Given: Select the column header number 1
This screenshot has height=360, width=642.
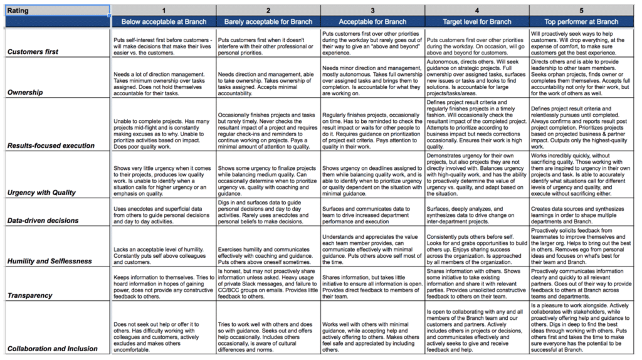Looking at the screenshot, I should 163,11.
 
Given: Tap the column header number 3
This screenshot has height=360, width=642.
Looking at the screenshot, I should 372,11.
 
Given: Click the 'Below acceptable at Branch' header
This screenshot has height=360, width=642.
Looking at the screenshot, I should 163,21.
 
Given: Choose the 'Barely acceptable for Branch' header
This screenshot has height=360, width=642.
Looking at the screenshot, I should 268,21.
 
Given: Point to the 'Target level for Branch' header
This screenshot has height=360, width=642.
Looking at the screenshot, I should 476,21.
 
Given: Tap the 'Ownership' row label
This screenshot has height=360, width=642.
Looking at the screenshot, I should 25,92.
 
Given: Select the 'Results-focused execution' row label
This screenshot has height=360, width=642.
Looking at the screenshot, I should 51,146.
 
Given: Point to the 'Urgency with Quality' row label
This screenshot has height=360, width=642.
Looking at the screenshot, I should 41,193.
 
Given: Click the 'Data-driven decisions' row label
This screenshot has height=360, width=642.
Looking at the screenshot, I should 43,220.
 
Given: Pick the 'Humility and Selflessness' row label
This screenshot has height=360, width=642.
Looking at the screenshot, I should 50,261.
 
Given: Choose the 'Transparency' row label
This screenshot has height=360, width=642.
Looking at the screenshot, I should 30,295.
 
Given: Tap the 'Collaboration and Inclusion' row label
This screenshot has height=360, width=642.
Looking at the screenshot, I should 53,348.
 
